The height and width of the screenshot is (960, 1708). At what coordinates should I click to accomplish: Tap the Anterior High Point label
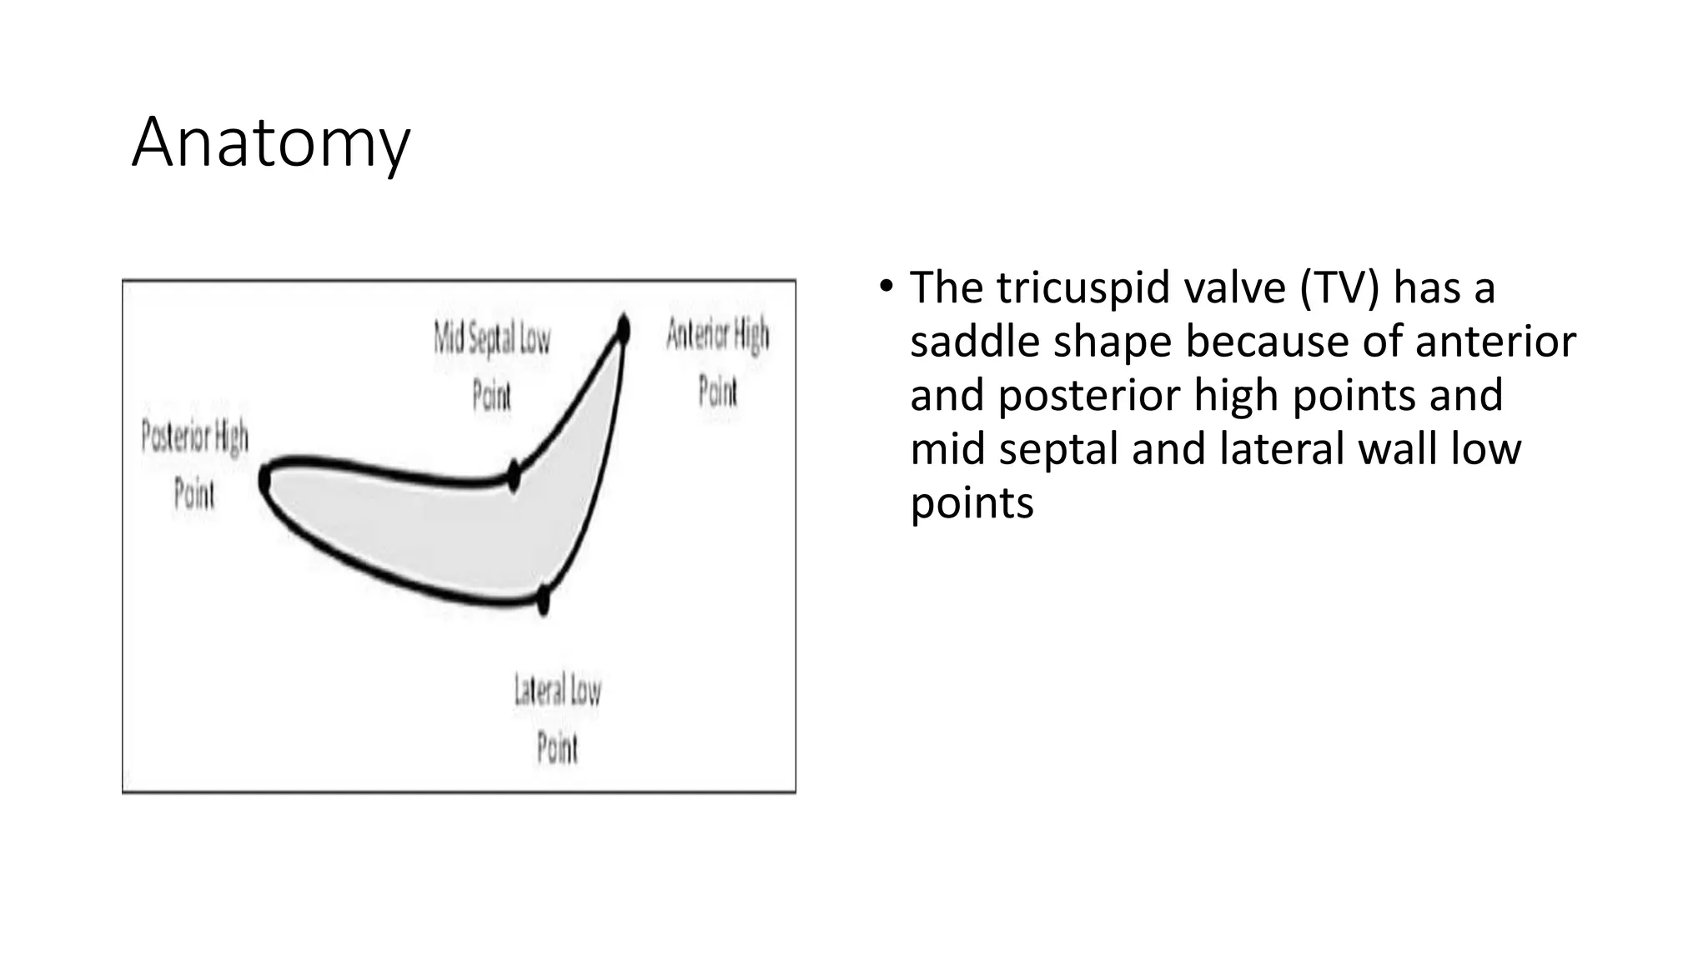[x=717, y=362]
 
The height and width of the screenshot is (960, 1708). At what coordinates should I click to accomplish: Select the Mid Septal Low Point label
[x=492, y=367]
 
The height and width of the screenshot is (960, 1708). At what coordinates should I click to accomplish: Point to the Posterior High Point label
[x=194, y=464]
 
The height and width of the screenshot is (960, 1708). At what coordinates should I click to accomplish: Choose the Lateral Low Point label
[x=557, y=718]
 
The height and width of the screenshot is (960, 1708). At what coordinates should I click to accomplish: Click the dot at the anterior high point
[x=622, y=330]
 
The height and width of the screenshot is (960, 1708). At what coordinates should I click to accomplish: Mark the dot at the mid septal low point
[x=514, y=477]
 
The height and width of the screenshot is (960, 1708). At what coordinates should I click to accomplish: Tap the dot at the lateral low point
[x=544, y=598]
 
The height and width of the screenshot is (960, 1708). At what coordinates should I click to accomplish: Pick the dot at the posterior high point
[x=265, y=480]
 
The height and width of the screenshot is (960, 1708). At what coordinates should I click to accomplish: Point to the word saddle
[x=973, y=342]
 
